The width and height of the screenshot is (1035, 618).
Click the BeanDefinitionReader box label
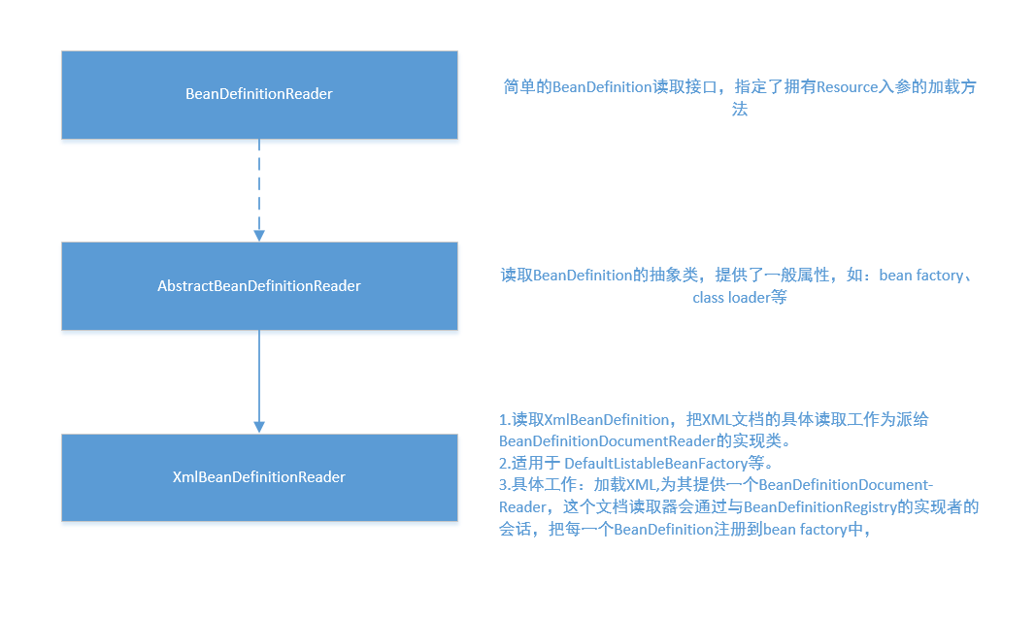coord(258,94)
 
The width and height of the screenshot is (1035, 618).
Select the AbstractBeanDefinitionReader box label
coord(258,285)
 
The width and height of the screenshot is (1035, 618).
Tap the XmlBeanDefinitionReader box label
coord(258,477)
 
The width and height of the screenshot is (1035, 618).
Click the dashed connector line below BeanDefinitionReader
coord(258,184)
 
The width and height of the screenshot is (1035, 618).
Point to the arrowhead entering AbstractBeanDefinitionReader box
coord(258,236)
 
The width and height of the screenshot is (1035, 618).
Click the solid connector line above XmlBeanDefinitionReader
coord(258,376)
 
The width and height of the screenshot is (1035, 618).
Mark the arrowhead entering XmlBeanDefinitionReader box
coord(258,428)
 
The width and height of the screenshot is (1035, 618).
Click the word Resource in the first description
coord(848,87)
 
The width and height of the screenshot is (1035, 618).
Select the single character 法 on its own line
coord(739,109)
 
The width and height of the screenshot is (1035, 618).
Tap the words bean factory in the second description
coord(920,276)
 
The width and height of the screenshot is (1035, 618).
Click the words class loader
coord(731,298)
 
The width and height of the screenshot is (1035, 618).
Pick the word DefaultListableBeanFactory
coord(655,463)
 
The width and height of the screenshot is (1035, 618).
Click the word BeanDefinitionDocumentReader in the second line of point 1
coord(607,440)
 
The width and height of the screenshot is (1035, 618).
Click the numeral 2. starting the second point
coord(505,463)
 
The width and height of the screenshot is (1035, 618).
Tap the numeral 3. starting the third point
coord(505,485)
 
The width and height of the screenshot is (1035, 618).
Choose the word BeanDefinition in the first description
coord(602,87)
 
